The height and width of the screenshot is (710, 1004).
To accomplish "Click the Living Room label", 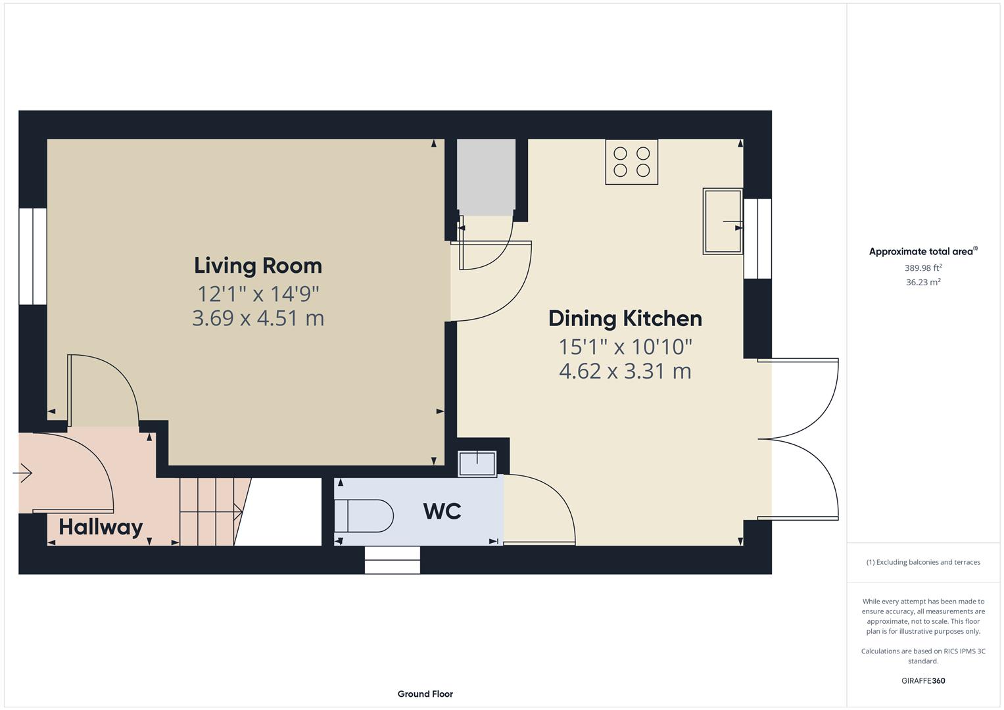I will point(258,266).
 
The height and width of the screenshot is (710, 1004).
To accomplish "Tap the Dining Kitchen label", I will point(625,318).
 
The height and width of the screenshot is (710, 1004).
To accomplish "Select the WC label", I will point(442,511).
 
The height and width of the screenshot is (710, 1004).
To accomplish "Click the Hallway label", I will point(101,527).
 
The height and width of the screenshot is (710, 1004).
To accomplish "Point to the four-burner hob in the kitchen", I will point(631,162).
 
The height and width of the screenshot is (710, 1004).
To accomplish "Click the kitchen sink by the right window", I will point(723,221).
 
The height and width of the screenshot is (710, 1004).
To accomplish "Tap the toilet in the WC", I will point(363,515).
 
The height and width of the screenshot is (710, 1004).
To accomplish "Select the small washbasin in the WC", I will point(477,463).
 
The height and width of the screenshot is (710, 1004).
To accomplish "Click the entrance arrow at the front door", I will point(22,473).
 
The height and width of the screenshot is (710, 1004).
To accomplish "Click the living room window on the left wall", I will point(32,256).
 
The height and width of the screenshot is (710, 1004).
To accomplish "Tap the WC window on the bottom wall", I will point(392,560).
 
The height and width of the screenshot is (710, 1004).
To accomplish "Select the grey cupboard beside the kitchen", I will point(486,176).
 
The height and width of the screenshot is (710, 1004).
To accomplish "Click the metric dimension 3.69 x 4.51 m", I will point(258,318).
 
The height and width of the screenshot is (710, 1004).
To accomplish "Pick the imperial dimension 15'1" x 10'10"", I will point(625,346).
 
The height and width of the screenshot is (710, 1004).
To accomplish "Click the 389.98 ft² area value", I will point(922,268).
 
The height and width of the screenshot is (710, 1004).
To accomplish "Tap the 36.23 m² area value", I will point(922,282).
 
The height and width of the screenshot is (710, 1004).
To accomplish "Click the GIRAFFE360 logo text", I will point(922,680).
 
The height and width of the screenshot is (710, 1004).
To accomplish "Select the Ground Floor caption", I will point(425,694).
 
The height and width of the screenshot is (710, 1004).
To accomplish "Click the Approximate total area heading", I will point(922,252).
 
